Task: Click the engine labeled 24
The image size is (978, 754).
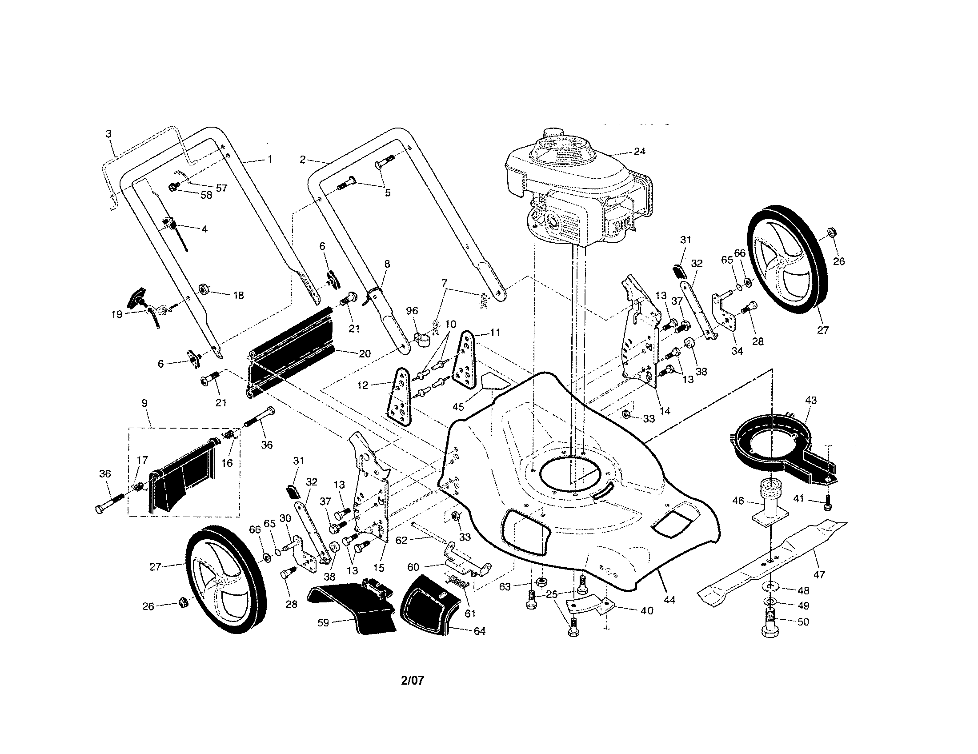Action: pos(577,188)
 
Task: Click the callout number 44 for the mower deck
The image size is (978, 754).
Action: pos(669,600)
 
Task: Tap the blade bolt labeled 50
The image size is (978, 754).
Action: pos(771,623)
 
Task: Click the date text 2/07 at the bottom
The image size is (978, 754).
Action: pos(412,681)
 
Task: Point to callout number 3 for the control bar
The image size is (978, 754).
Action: pos(108,133)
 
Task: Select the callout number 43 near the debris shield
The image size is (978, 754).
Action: pos(810,400)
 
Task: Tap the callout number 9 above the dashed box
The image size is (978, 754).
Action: pos(144,403)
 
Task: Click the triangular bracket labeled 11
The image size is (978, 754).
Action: pos(466,361)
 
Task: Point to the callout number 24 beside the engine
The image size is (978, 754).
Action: pos(639,151)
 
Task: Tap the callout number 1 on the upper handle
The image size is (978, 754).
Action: pos(269,159)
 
